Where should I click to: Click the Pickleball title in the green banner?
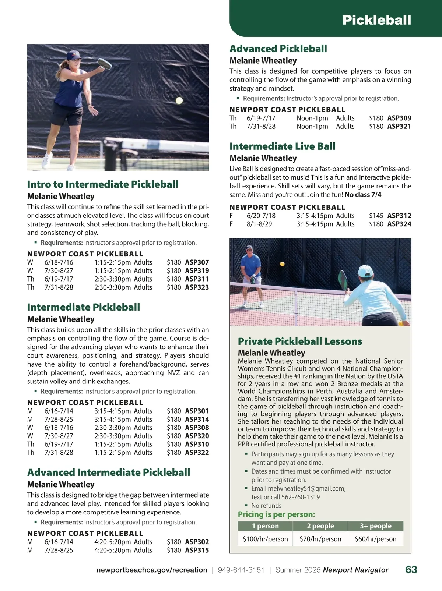click(376, 20)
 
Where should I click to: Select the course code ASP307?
click(197, 262)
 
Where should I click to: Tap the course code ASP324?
click(399, 224)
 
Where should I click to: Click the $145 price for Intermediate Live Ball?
click(376, 216)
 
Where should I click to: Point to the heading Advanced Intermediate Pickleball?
click(109, 472)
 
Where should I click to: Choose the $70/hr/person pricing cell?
click(320, 539)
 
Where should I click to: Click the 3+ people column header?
click(375, 526)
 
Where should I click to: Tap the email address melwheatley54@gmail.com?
click(306, 489)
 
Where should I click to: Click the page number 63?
click(411, 570)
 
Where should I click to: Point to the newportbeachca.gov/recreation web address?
click(152, 570)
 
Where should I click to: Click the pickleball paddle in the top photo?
click(105, 64)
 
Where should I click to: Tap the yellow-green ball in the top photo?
click(179, 100)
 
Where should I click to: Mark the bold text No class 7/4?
click(363, 195)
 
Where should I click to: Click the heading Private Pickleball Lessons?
click(300, 341)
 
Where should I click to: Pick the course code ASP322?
click(197, 453)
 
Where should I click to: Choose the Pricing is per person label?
click(277, 514)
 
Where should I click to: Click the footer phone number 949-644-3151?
click(241, 570)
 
